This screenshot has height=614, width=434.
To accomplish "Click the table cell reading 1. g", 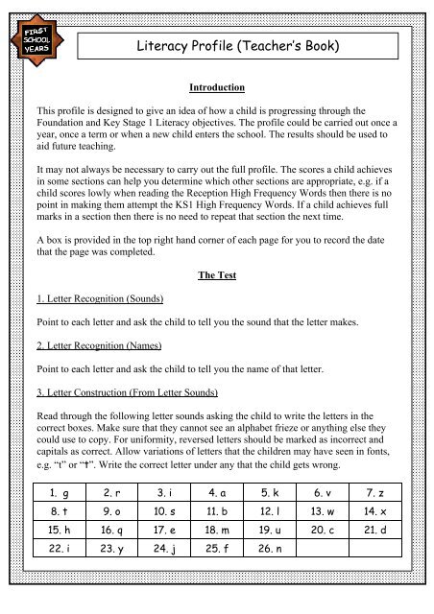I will pos(61,518).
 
